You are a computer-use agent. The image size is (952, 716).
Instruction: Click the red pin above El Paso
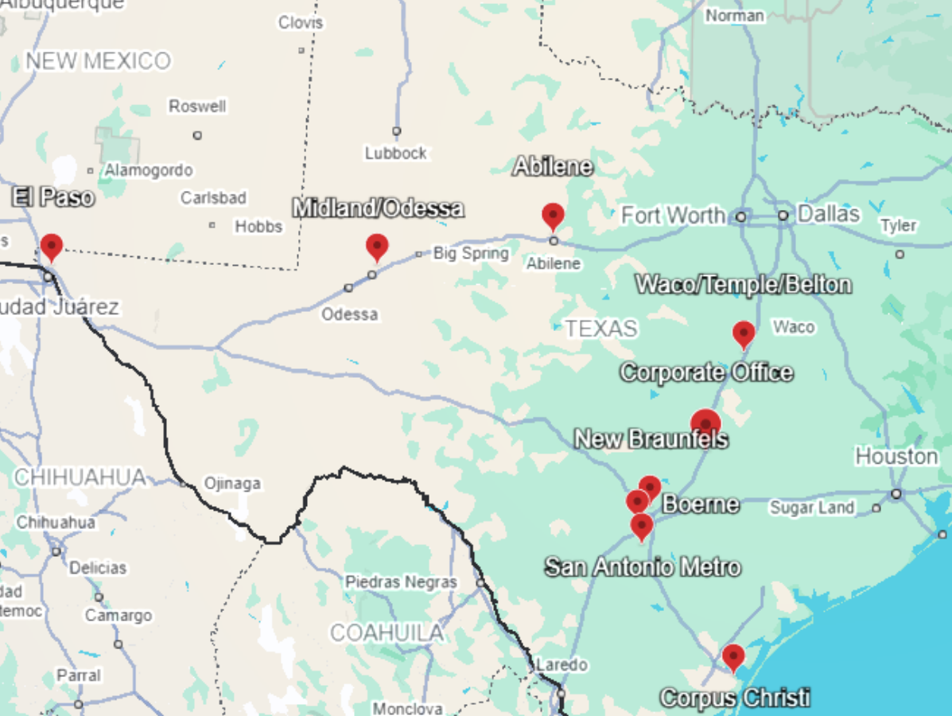pyautogui.click(x=52, y=246)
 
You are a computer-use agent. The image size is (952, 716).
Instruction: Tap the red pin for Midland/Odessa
pyautogui.click(x=377, y=246)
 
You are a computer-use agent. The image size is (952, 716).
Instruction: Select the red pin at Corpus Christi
pyautogui.click(x=733, y=656)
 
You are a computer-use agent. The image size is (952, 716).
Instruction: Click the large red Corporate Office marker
pyautogui.click(x=705, y=423)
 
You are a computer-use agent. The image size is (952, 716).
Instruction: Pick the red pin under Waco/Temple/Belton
pyautogui.click(x=744, y=333)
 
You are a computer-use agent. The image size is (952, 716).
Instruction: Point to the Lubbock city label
pyautogui.click(x=395, y=153)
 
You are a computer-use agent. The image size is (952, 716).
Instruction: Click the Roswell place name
pyautogui.click(x=197, y=107)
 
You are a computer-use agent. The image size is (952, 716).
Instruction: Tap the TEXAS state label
pyautogui.click(x=601, y=329)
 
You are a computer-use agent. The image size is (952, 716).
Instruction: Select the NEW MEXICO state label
pyautogui.click(x=99, y=61)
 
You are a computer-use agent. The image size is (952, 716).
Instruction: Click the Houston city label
pyautogui.click(x=896, y=457)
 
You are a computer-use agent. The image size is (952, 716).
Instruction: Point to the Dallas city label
pyautogui.click(x=829, y=214)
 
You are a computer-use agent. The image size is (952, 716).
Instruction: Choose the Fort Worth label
pyautogui.click(x=673, y=215)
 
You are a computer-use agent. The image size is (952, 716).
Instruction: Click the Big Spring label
pyautogui.click(x=471, y=254)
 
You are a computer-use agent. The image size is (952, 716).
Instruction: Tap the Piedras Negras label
pyautogui.click(x=401, y=582)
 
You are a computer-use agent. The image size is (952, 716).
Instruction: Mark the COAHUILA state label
pyautogui.click(x=387, y=633)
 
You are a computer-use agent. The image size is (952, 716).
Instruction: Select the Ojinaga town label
pyautogui.click(x=232, y=483)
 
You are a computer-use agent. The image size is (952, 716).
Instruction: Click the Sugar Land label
pyautogui.click(x=811, y=508)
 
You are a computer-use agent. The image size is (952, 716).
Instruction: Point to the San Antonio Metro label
pyautogui.click(x=643, y=567)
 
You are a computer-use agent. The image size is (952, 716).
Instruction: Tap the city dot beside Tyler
pyautogui.click(x=900, y=255)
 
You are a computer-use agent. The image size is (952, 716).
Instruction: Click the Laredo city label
pyautogui.click(x=561, y=664)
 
